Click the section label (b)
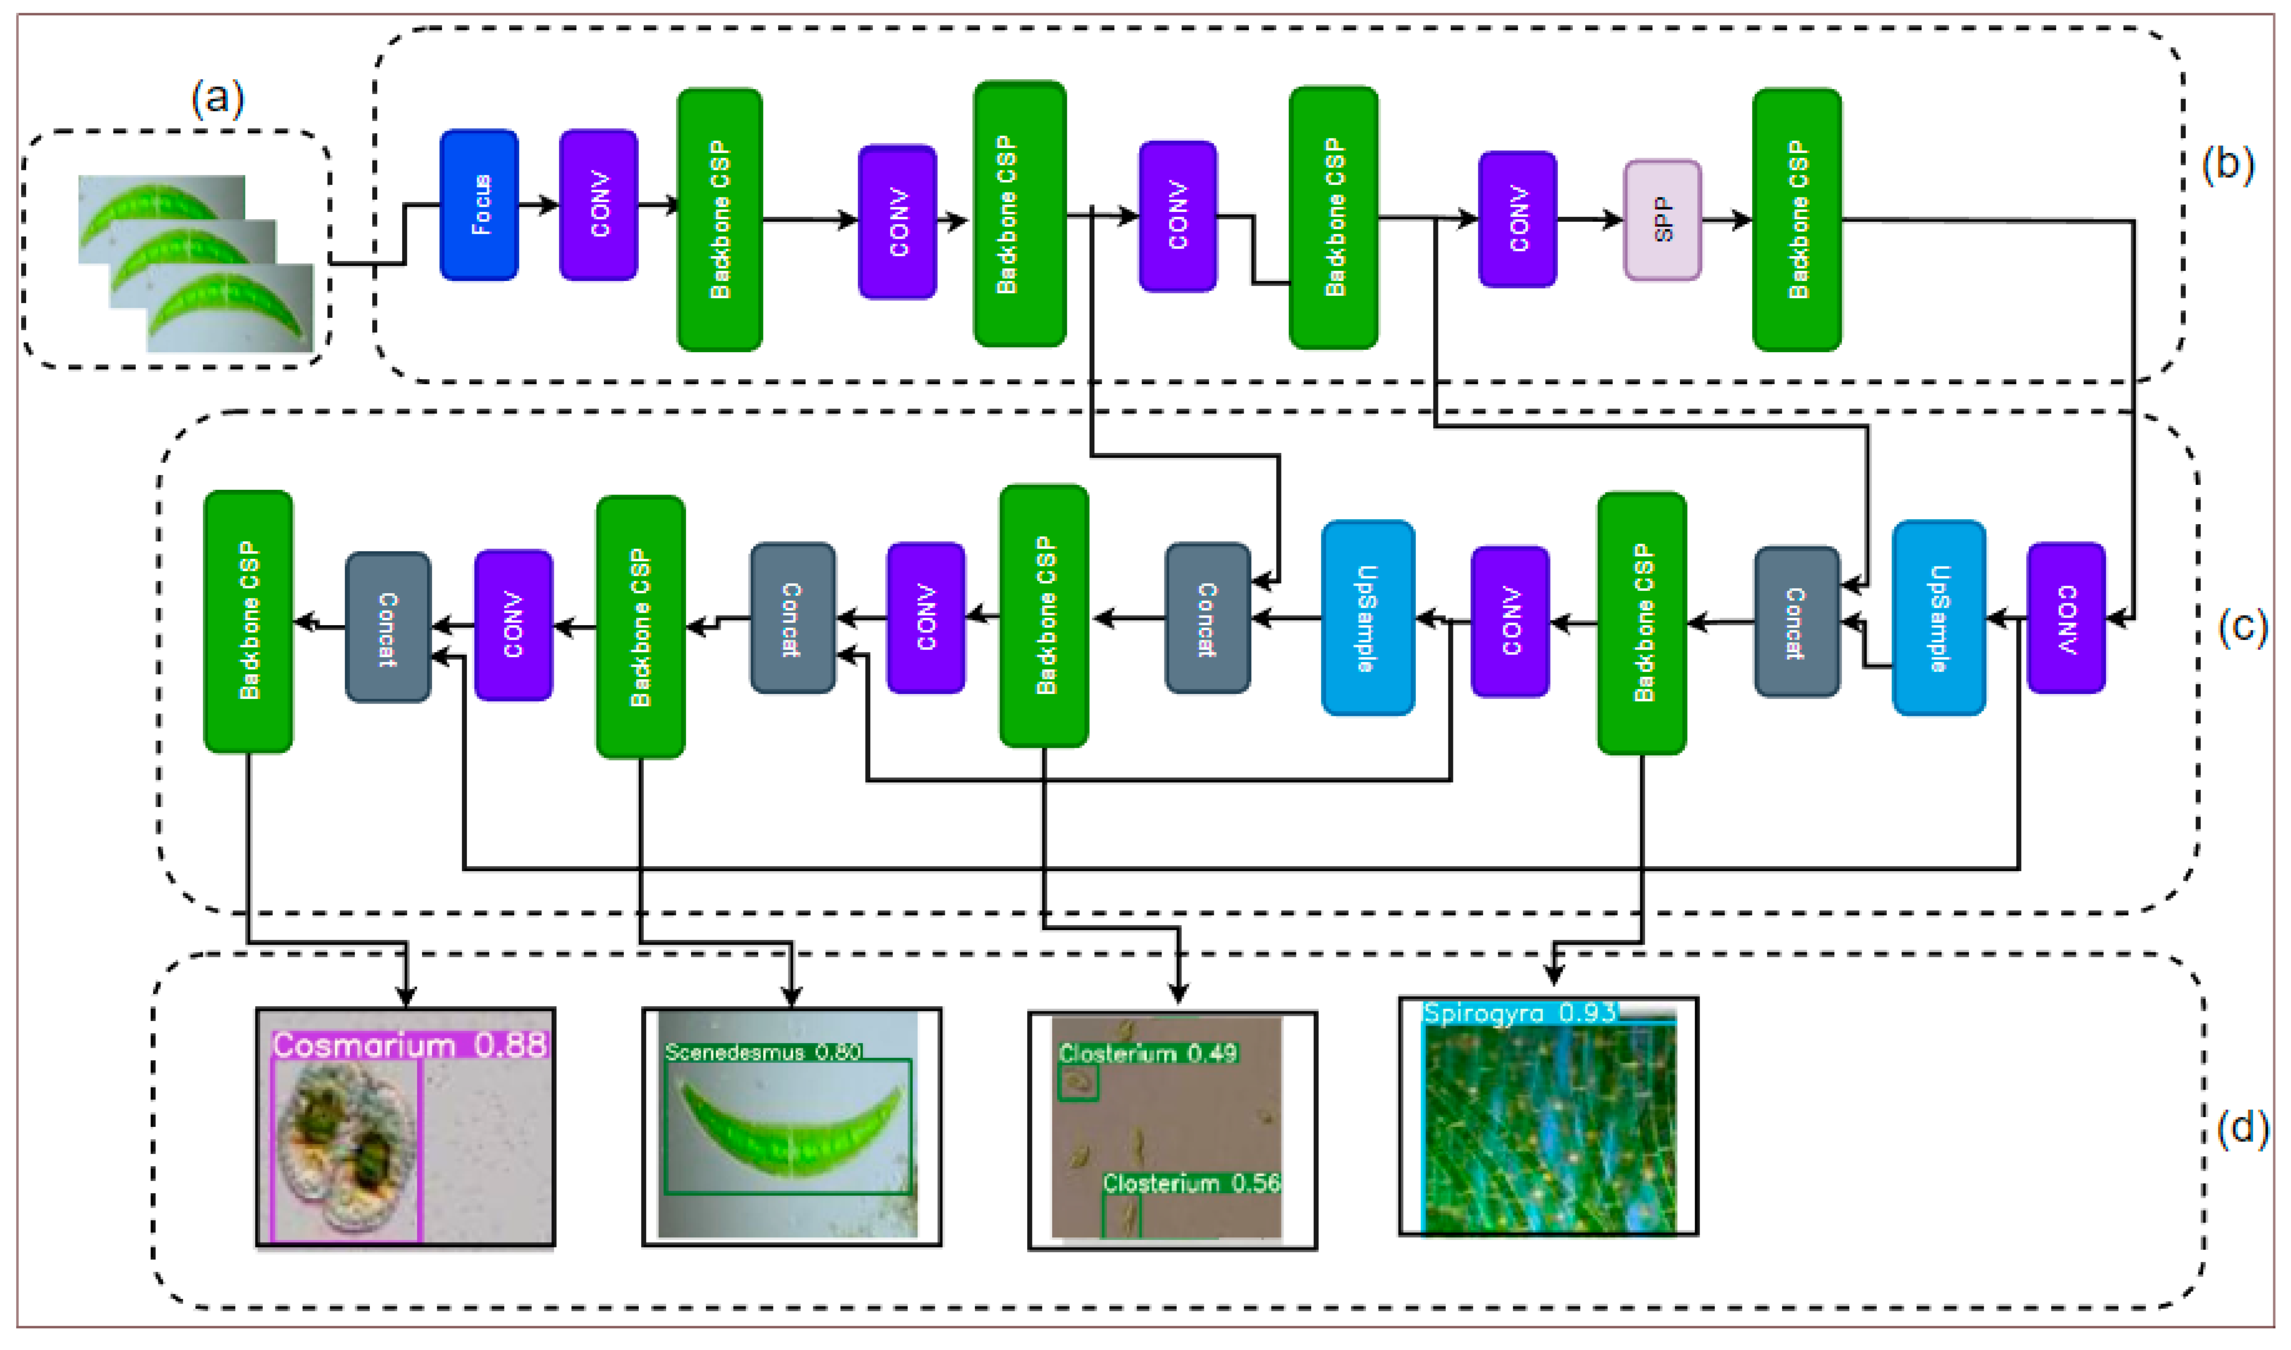[x=2227, y=165]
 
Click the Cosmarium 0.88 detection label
[x=409, y=1045]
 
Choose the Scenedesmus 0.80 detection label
[x=763, y=1052]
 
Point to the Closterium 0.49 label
[x=1147, y=1054]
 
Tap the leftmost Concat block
[x=387, y=627]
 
